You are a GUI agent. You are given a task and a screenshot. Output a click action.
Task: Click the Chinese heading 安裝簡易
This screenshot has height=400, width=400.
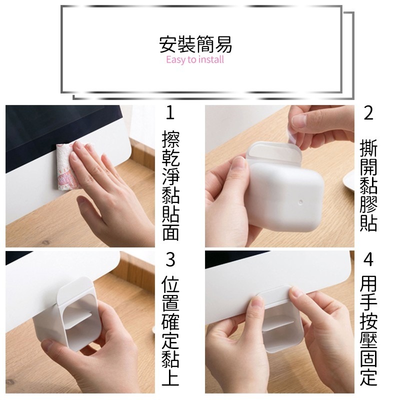195,44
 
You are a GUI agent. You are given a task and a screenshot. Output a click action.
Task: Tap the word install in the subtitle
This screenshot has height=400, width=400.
211,59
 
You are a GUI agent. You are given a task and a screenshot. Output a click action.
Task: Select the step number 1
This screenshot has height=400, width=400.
170,113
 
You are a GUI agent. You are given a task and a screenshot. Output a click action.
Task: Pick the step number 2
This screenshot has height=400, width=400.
368,113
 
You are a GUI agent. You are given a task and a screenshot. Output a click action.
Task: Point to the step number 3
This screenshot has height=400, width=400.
170,259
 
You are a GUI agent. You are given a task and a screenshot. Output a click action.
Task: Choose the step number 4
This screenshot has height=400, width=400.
368,259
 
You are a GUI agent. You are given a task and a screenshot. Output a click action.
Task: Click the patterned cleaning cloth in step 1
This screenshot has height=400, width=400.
65,166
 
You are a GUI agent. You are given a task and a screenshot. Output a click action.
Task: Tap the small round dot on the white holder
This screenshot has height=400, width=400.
300,202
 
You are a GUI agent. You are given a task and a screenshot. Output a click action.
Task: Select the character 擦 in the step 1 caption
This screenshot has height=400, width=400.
170,139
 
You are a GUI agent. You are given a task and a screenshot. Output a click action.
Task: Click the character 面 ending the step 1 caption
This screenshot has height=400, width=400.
170,232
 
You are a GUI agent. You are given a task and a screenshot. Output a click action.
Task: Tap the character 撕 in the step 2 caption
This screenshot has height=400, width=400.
368,147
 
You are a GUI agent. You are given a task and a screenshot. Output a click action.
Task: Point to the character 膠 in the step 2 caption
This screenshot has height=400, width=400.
368,204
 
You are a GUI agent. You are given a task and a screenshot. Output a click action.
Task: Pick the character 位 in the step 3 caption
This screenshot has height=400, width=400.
170,284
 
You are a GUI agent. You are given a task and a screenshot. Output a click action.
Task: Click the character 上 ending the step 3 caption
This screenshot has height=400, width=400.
170,377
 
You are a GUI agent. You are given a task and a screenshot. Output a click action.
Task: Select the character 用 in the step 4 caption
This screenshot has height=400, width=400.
368,284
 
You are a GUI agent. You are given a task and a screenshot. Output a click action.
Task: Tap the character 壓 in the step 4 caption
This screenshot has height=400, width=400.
368,340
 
